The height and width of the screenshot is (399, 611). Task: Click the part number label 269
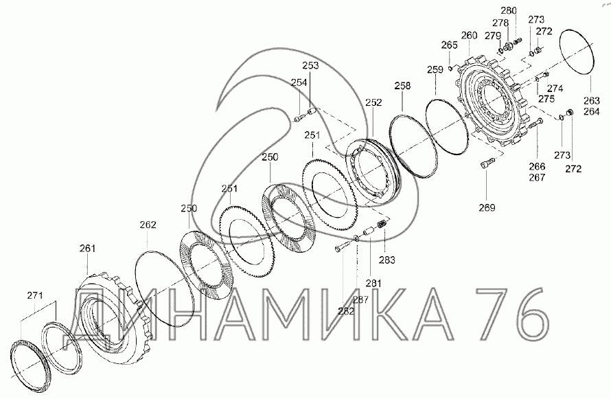click(487, 207)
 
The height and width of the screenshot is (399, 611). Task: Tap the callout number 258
click(402, 85)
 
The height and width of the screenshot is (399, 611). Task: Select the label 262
click(148, 225)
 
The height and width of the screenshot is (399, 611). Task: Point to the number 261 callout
click(87, 248)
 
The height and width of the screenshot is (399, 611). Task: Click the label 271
click(35, 295)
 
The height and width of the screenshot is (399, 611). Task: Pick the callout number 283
click(387, 260)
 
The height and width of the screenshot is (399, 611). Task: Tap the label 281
click(373, 283)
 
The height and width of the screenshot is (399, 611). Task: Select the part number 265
click(449, 45)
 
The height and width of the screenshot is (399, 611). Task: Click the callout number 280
click(509, 10)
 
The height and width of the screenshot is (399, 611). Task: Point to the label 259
click(435, 69)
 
